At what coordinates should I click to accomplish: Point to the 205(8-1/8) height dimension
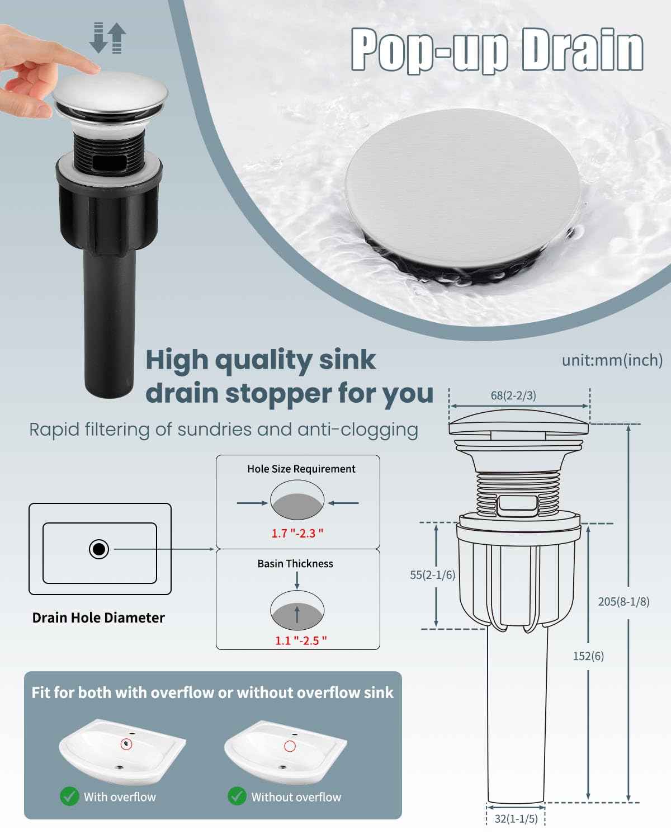[623, 602]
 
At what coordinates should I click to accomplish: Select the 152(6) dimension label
[588, 656]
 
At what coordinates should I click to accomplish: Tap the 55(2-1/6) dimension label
[432, 574]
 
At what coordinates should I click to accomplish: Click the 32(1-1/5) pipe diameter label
[516, 819]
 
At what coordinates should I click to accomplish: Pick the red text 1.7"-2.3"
[297, 533]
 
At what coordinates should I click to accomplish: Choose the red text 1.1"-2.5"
[300, 640]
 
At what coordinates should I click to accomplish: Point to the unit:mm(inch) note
[612, 360]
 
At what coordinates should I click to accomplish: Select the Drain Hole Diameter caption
[98, 618]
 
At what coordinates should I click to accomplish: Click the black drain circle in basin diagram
[99, 549]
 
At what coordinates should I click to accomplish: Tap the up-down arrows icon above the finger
[107, 37]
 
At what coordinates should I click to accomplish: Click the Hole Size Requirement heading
[301, 469]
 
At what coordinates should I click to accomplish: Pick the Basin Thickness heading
[295, 564]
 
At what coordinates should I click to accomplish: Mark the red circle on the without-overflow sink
[290, 746]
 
